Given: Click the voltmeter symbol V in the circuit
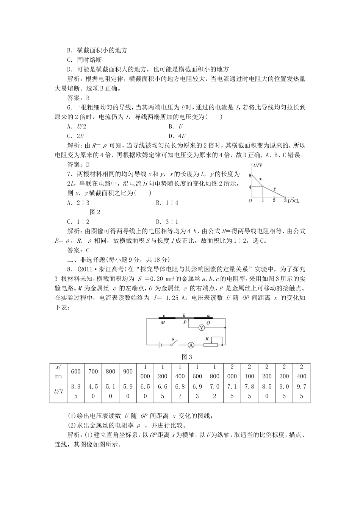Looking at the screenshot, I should point(202,328).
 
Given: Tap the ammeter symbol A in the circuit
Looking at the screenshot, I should point(191,345).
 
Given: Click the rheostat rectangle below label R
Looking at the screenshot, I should point(211,345).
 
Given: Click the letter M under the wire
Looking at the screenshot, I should point(163,322).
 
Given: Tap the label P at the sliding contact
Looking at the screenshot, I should point(185,322).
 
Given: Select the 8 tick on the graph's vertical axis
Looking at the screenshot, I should point(250,175).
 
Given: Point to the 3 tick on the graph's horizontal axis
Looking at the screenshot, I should point(285,200).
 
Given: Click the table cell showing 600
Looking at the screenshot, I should point(76,372).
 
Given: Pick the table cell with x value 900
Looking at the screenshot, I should point(128,372).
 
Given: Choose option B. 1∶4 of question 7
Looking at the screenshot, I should point(167,203).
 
